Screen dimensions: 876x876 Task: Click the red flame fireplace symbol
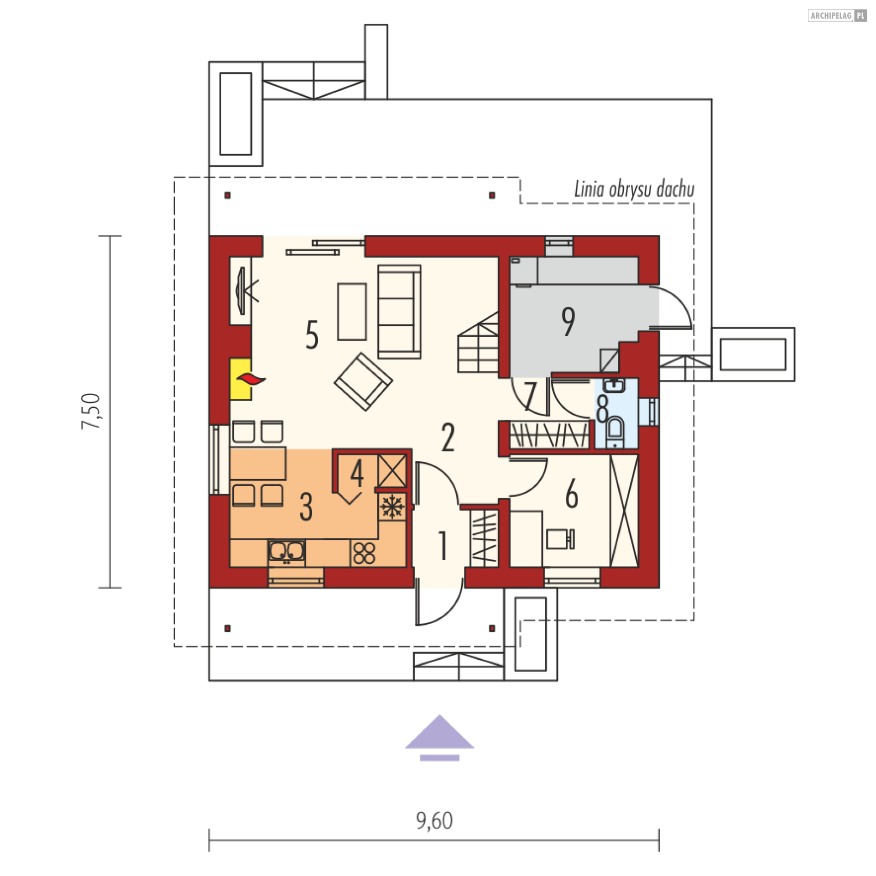[250, 379]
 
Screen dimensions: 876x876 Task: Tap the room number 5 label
[312, 334]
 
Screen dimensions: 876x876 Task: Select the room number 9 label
[568, 321]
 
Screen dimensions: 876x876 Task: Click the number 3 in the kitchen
[306, 506]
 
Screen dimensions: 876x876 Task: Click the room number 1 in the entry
[443, 545]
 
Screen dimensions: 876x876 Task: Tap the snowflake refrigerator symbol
[392, 506]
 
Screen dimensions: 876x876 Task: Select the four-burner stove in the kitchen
[364, 553]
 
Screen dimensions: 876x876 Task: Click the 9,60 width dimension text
[434, 820]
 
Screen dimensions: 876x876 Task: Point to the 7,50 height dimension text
[91, 411]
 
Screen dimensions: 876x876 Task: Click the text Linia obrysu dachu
[634, 189]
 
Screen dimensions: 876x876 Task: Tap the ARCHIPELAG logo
[837, 16]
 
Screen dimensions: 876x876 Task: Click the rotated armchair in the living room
[363, 382]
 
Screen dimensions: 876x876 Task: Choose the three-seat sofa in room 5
[399, 312]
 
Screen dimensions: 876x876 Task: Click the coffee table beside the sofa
[352, 312]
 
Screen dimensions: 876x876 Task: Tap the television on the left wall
[242, 291]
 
